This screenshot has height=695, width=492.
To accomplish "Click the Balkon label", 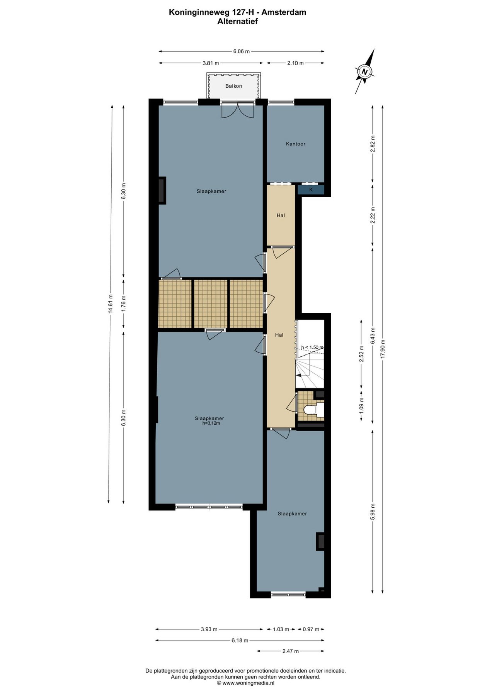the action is pos(233,86).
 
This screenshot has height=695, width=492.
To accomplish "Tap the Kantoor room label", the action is pos(296,144).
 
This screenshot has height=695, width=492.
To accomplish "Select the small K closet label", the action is pos(311,190).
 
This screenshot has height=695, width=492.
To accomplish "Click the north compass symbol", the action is pos(364,71).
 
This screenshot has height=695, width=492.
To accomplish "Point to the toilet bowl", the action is pos(311,410).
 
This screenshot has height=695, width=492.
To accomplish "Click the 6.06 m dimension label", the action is pos(242,51).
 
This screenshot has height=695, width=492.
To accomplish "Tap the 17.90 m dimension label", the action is pos(383,349).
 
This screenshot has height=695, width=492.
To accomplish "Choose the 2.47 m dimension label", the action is pos(290,651).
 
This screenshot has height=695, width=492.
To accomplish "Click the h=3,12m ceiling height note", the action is pos(211,423).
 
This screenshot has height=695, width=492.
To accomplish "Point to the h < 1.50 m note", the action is pos(312,347).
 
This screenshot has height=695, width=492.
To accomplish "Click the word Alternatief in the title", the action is pos(237,22).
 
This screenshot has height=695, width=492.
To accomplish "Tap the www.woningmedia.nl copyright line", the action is pos(245,683).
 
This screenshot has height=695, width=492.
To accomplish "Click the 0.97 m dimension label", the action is pos(311,629).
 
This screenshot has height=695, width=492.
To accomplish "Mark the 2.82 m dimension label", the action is pos(373,144).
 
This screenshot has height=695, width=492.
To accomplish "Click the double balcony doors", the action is pos(237,110).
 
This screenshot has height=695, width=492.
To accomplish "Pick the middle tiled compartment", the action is pos(210,304).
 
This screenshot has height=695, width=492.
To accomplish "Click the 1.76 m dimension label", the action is pos(124,304).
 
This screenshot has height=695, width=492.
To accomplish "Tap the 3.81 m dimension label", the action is pos(211,63).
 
